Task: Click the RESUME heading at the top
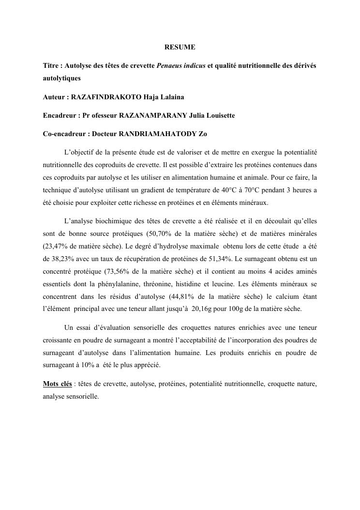(x=180, y=47)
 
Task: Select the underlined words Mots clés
(x=57, y=384)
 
